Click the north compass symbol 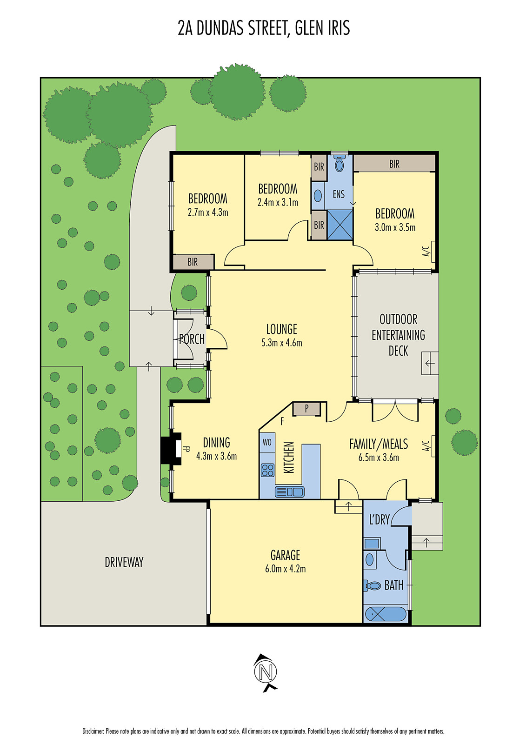(265, 672)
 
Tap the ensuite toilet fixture (340, 164)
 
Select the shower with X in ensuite (340, 225)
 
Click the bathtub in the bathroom (386, 614)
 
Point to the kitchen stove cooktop (267, 470)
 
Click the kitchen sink (289, 492)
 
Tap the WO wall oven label (267, 442)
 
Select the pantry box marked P (306, 409)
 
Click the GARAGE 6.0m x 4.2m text (285, 561)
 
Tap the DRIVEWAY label (124, 562)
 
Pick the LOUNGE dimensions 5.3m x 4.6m (281, 343)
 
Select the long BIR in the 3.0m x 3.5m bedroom (394, 164)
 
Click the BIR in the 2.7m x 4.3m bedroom (193, 262)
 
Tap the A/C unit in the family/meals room (433, 446)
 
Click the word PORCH (192, 339)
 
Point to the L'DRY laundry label (379, 519)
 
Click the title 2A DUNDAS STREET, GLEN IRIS (263, 28)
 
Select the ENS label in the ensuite (339, 194)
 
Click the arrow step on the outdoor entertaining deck (430, 363)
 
